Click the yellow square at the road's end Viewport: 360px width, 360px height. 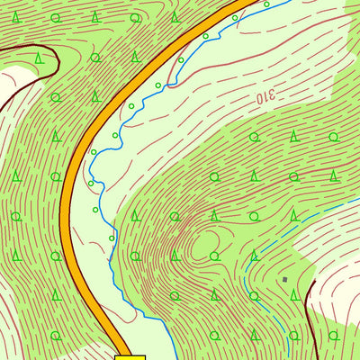[130, 356]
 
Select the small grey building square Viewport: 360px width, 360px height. [285, 280]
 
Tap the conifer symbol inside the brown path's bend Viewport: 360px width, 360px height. [38, 58]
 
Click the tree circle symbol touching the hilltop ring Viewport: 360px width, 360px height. [215, 256]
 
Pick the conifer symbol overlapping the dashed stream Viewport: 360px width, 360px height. [255, 256]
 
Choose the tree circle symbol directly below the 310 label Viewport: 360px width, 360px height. [255, 137]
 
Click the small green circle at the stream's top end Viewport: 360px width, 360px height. [266, 4]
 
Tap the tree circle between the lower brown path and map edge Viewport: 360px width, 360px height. [333, 335]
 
